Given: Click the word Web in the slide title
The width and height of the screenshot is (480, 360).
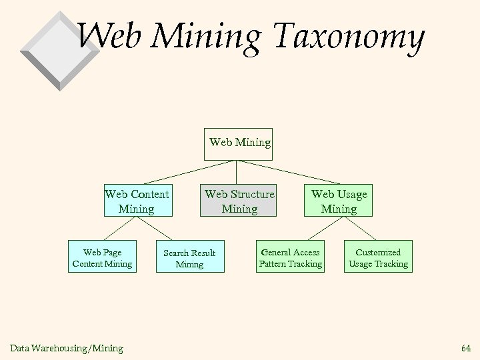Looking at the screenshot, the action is point(113,37).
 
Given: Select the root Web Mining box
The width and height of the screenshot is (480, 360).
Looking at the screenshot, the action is point(239,142).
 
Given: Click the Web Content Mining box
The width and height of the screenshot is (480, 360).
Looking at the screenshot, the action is point(137,201).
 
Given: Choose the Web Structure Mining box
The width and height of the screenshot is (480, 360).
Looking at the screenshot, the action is point(239,201).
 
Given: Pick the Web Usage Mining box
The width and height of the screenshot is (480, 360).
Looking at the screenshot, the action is point(339,201).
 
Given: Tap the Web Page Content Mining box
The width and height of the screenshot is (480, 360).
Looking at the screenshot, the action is point(103,257).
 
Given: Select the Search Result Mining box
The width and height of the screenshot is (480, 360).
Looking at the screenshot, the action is point(189,258).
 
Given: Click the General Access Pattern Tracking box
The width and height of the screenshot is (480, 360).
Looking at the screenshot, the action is point(291,257).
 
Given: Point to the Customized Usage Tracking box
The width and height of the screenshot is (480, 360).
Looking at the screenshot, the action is point(378,257).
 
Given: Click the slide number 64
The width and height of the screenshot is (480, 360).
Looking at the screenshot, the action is point(465,347).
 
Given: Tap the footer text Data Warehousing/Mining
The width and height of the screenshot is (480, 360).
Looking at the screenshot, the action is point(66,347).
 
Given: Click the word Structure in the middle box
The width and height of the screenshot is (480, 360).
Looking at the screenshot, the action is point(251,195).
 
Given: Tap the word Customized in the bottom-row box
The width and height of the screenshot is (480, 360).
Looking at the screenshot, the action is point(378,252).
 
